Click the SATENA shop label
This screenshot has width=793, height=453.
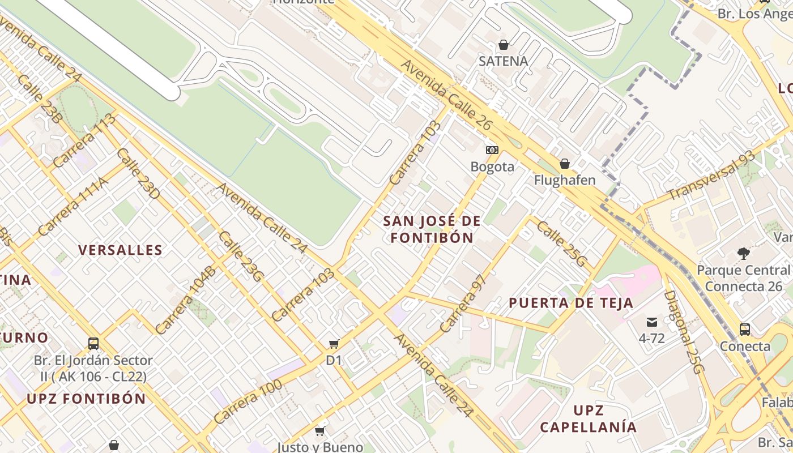[x=503, y=61]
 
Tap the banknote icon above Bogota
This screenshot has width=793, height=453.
[x=492, y=150]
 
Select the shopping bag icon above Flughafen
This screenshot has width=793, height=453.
[x=565, y=164]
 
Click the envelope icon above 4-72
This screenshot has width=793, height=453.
[x=652, y=322]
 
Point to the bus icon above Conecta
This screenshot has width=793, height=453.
[x=745, y=330]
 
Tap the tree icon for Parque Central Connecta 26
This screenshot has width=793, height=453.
[x=743, y=254]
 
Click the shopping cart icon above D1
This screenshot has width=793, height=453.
[x=334, y=344]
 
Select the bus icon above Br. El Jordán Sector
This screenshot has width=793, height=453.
[x=93, y=343]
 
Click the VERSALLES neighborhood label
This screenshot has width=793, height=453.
[x=120, y=250]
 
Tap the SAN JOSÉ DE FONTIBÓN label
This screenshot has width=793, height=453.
[x=432, y=229]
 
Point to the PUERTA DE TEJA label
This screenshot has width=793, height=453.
[x=571, y=303]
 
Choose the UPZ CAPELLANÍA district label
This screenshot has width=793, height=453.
[x=589, y=418]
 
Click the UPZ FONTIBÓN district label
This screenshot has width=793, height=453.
[x=86, y=399]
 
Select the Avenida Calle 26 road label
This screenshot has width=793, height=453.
[x=446, y=94]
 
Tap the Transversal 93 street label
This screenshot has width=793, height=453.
[x=711, y=176]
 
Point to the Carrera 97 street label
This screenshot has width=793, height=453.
[x=463, y=304]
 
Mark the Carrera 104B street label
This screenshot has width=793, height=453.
[x=185, y=300]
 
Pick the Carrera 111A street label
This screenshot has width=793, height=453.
[x=72, y=206]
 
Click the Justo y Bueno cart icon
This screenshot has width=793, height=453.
[x=320, y=431]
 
